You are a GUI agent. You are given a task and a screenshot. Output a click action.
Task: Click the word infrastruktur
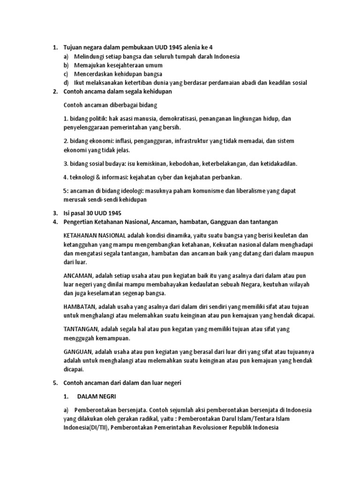(195, 141)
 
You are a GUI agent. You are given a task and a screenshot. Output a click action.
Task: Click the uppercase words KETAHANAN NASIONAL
(94, 235)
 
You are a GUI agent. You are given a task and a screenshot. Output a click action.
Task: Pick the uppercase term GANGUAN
(78, 352)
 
